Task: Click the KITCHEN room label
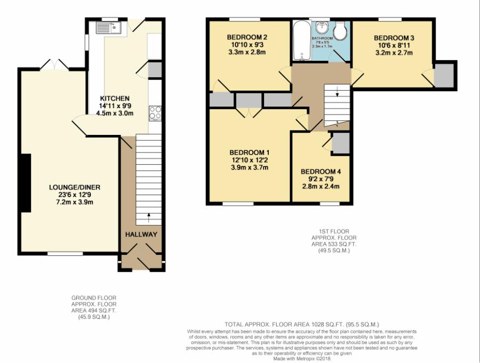click(x=115, y=99)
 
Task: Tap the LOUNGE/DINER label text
click(x=75, y=187)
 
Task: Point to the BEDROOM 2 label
click(x=247, y=37)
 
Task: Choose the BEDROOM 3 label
click(x=394, y=38)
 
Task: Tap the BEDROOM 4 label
click(x=320, y=172)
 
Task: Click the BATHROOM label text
click(x=322, y=38)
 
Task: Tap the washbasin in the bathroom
click(x=322, y=28)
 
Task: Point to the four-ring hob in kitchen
click(x=156, y=112)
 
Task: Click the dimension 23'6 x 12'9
click(x=75, y=195)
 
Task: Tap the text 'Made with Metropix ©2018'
click(x=301, y=359)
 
